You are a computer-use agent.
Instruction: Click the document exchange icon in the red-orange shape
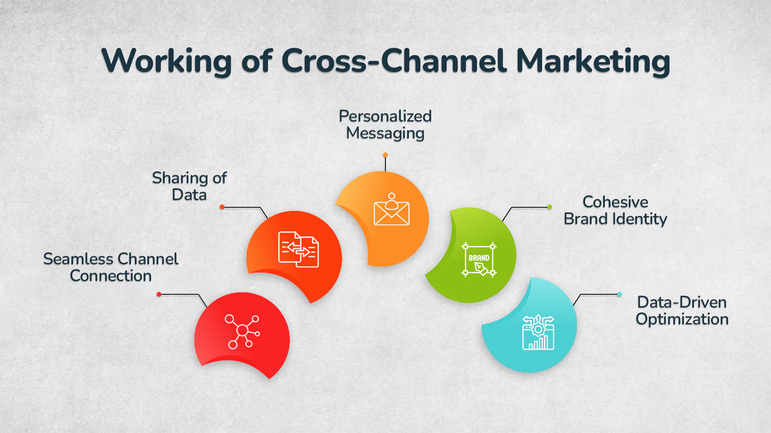coord(298,249)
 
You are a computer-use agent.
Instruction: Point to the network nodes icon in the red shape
coord(242,331)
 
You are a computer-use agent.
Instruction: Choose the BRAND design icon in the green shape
coord(479,259)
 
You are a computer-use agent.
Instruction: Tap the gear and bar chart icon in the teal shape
coord(538,332)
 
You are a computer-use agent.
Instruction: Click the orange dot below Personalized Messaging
coord(385,155)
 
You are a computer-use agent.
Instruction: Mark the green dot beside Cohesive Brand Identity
coord(550,207)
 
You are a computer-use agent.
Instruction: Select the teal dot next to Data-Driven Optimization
coord(620,294)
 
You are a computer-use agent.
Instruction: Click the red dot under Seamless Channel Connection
coord(159,294)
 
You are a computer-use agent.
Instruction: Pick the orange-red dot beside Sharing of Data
coord(222,207)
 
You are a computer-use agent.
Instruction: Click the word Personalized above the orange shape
coord(385,116)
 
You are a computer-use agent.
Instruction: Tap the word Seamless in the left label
coord(78,259)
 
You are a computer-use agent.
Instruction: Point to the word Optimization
coord(682,320)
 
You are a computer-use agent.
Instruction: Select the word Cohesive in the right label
coord(615,202)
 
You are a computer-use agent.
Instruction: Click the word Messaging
coord(385,134)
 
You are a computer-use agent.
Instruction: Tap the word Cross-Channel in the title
coord(394,61)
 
